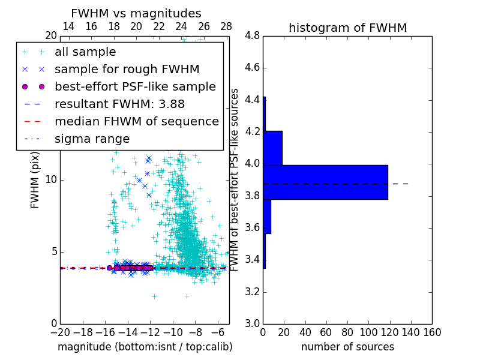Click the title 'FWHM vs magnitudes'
click(x=136, y=13)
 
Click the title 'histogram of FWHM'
click(x=347, y=28)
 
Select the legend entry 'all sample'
click(x=85, y=52)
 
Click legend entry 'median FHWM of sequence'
click(x=136, y=121)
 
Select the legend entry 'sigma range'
click(x=92, y=139)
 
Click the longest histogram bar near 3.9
click(x=325, y=182)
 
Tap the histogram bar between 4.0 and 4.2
click(x=272, y=148)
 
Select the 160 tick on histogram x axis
click(x=432, y=332)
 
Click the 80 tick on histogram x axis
click(x=347, y=332)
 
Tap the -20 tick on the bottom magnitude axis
click(x=60, y=332)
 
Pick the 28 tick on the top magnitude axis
click(x=226, y=26)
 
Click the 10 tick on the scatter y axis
click(x=51, y=180)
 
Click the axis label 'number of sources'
click(x=347, y=347)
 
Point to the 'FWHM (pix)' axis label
click(x=35, y=179)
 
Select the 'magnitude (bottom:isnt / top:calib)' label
click(x=145, y=347)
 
